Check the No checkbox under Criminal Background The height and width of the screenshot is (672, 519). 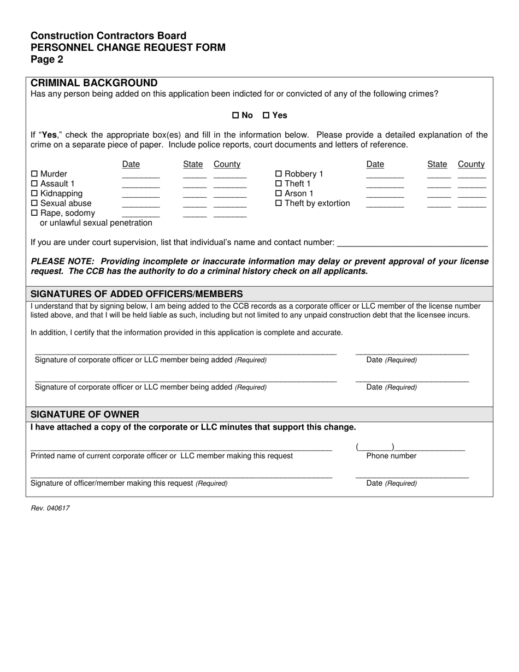(236, 115)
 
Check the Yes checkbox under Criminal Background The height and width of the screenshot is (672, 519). (267, 115)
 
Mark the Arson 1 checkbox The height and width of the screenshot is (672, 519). (279, 194)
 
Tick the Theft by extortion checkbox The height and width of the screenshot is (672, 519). (279, 204)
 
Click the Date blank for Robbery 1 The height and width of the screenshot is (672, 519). (385, 176)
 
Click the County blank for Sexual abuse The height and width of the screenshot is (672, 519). (230, 205)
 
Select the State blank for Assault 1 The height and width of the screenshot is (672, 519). (194, 186)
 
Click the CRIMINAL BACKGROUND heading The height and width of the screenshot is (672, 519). (94, 83)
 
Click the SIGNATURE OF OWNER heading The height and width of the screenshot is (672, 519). (85, 414)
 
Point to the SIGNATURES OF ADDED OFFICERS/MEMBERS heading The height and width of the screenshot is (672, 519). (137, 294)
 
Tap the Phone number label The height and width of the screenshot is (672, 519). (391, 456)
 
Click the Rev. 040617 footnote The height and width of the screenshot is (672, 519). (50, 508)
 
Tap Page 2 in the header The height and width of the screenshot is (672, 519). (46, 60)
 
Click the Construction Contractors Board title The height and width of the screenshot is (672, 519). (108, 36)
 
